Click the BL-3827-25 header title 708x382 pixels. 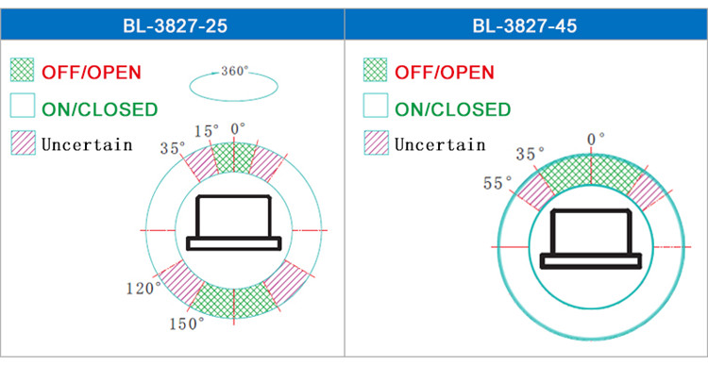coord(176,25)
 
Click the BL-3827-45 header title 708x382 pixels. coord(525,25)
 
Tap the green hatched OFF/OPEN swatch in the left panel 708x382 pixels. coord(22,70)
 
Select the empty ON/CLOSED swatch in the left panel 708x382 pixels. coord(23,105)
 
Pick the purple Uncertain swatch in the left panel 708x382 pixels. coord(23,142)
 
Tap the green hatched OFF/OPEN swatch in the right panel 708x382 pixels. coord(375,70)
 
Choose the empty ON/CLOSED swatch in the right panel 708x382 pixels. coord(376,105)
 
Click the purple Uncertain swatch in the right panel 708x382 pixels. coord(376,142)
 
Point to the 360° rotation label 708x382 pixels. coord(235,71)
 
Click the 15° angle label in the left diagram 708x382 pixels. coord(207,131)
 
